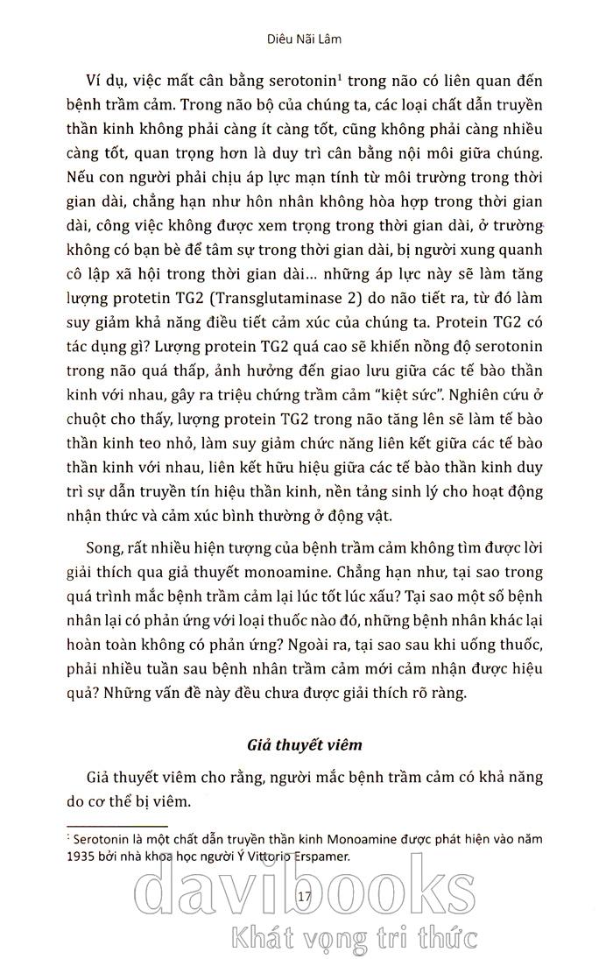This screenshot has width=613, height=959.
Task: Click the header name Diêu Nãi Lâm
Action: (306, 39)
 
